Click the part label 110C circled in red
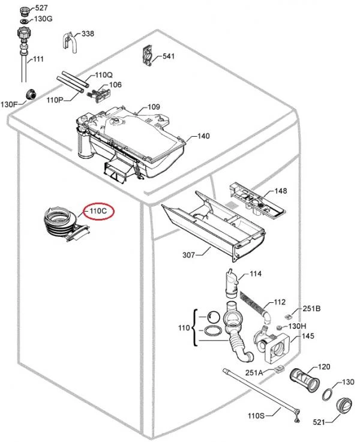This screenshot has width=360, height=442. point(98,211)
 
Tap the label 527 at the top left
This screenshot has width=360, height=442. point(41,8)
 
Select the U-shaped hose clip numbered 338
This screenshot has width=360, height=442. point(68,43)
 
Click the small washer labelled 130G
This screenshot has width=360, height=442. point(24,21)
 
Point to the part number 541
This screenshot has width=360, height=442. point(169,56)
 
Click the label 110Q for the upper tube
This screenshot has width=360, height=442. point(104,75)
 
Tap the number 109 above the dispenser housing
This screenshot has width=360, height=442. point(154,107)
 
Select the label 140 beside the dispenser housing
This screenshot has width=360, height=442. point(203,136)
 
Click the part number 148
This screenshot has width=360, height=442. point(281,191)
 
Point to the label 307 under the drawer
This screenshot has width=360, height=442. point(189,255)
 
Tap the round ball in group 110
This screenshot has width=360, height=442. point(214,317)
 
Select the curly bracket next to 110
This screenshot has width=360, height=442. point(194,328)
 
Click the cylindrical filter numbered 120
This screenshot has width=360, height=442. point(305,380)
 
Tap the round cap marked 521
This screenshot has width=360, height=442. point(343,406)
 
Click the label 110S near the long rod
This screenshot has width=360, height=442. point(256,416)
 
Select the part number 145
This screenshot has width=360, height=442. point(308,336)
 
